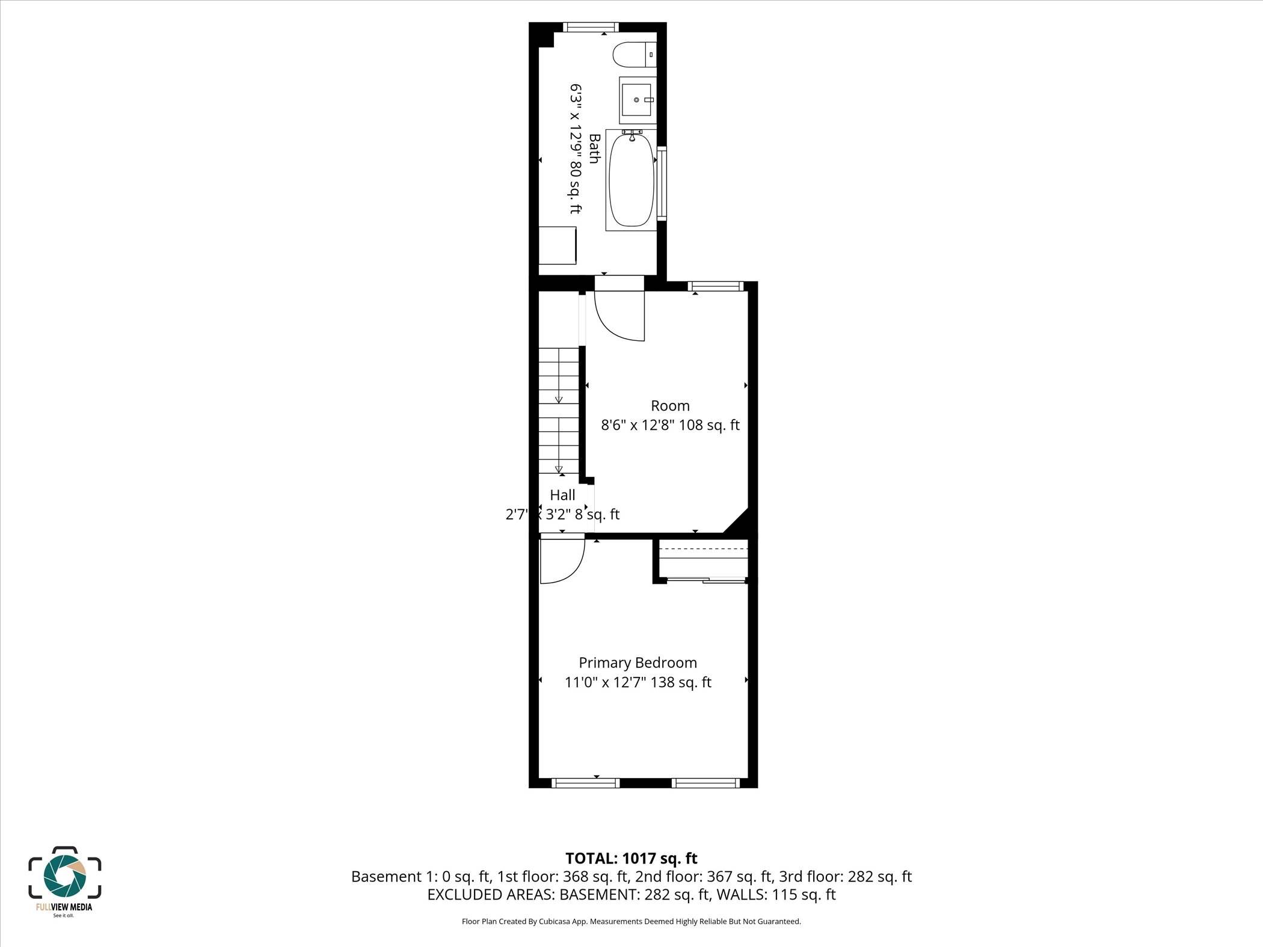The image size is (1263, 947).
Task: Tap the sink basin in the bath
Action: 638,100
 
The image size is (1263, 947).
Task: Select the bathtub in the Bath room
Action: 631,180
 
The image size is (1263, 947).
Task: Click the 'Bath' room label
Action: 594,149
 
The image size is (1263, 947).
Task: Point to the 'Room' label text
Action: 670,406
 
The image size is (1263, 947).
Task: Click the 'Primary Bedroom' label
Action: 638,663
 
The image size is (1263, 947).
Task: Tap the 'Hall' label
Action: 562,495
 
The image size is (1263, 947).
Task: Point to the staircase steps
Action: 558,411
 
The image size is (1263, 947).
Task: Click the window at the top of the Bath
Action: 591,27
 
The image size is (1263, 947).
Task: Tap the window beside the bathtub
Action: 662,183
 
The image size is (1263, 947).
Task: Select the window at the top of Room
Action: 716,286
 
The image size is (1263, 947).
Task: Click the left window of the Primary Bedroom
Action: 585,783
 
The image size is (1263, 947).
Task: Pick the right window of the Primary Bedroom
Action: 705,783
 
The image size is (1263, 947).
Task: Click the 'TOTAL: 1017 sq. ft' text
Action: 631,859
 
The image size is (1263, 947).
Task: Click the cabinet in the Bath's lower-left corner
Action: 557,245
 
